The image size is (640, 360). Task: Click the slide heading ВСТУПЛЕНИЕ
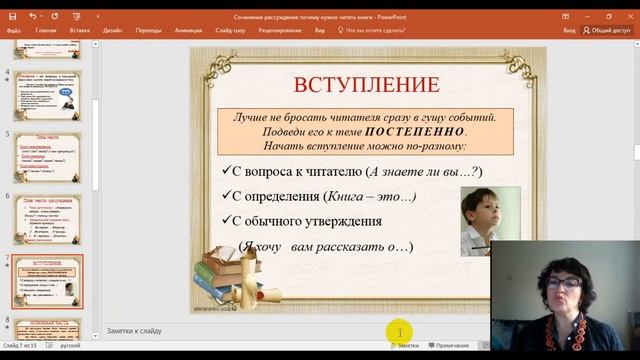(x=365, y=84)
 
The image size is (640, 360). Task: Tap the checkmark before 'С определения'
(x=226, y=196)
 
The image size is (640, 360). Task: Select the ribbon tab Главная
(x=46, y=31)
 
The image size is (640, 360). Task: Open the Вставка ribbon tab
(x=80, y=31)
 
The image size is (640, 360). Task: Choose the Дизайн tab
(x=112, y=31)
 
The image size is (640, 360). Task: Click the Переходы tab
(x=148, y=31)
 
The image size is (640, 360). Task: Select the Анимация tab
(x=188, y=31)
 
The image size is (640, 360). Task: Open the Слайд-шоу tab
(x=231, y=31)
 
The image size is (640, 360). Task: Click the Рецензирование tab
(x=281, y=31)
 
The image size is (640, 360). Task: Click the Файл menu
(x=14, y=31)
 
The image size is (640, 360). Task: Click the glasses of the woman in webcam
(x=563, y=283)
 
